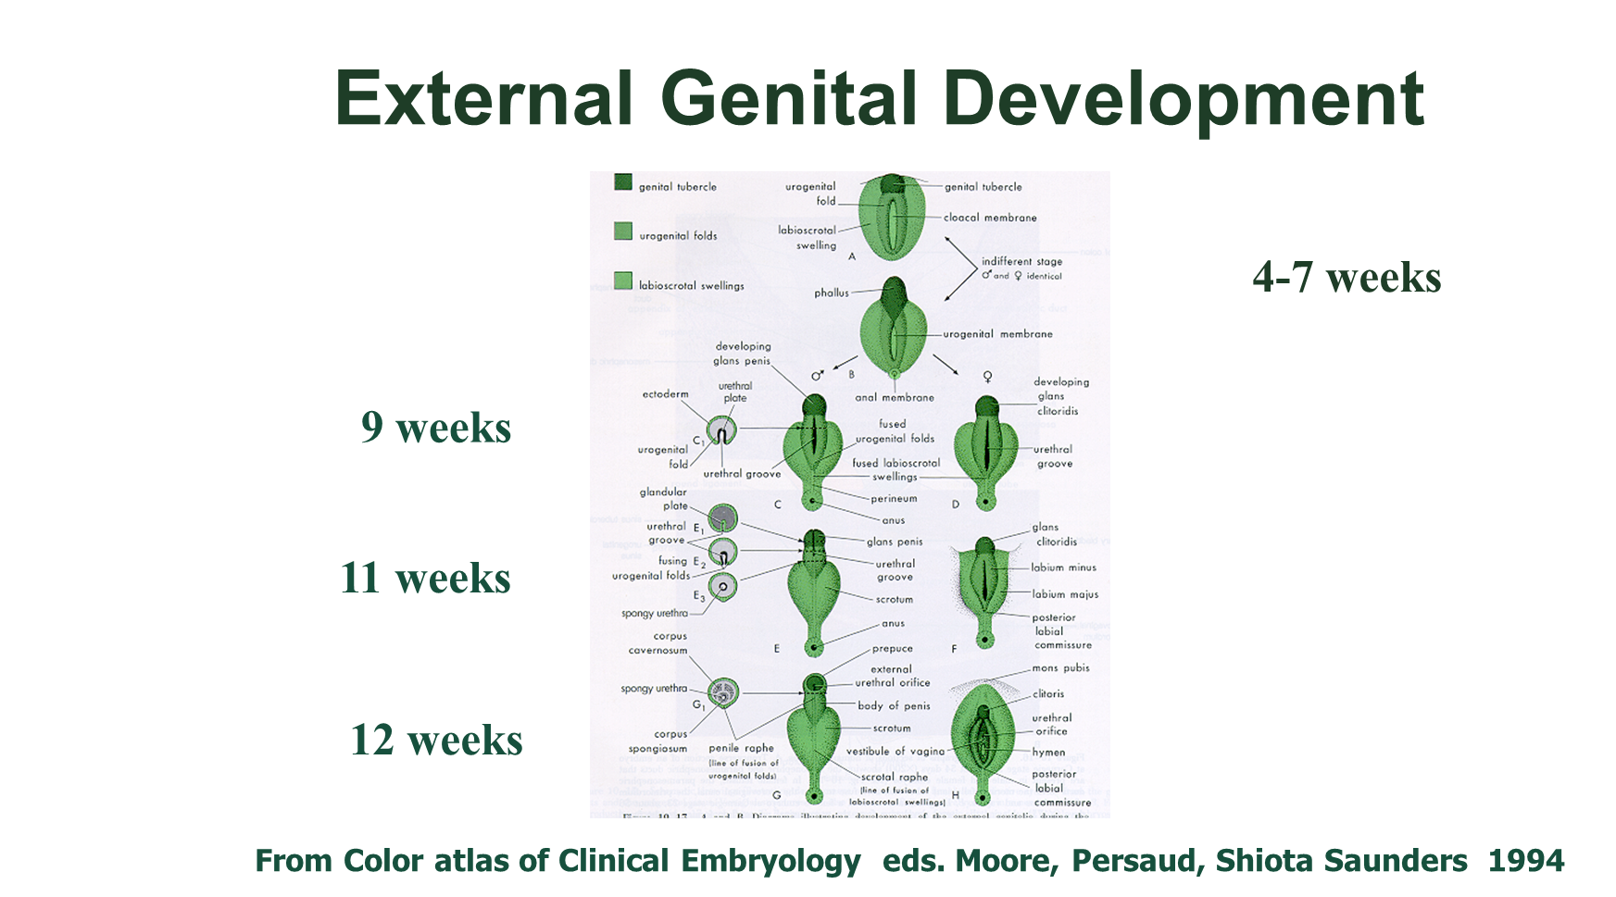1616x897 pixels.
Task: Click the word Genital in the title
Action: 788,100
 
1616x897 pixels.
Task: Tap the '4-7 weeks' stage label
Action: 1347,278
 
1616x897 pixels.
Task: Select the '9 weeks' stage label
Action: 436,428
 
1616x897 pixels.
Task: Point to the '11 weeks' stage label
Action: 425,579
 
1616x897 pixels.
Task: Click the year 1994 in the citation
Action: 1526,861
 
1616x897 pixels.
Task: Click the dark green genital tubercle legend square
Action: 623,182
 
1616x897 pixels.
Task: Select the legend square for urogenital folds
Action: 623,231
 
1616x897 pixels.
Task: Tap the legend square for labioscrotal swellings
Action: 623,280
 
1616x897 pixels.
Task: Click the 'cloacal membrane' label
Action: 990,218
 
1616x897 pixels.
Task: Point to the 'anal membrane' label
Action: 895,397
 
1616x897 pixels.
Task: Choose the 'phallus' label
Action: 832,293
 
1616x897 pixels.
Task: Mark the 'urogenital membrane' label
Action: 997,334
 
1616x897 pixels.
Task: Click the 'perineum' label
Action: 894,498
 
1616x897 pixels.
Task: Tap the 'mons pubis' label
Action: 1060,667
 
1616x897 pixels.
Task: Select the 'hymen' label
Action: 1048,753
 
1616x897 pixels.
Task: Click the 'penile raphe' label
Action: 741,748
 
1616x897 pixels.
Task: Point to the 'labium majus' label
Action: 1065,594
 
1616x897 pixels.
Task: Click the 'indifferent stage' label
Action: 1022,261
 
